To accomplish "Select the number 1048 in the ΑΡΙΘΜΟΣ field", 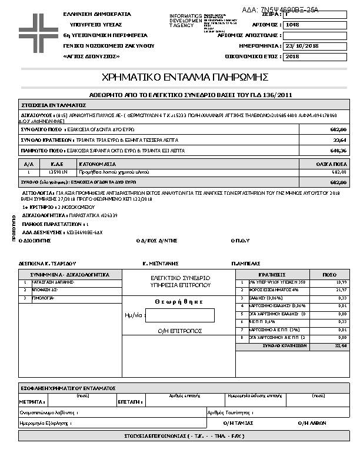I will point(292,25).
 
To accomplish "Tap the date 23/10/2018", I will point(301,45).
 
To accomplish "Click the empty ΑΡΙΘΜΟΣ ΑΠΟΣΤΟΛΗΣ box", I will point(315,35).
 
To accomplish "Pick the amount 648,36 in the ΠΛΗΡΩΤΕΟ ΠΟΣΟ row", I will point(339,151).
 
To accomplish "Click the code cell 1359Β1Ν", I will point(58,172).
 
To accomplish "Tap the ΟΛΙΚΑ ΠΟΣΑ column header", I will point(334,164).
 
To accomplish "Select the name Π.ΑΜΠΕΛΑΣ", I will point(246,263).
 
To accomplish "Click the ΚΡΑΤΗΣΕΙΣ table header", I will point(272,274).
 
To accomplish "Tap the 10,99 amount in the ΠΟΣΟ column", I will point(341,282).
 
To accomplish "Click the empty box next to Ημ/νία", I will point(179,315).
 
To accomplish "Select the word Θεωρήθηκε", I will point(179,302).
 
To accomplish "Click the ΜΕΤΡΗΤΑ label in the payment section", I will point(32,401).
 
